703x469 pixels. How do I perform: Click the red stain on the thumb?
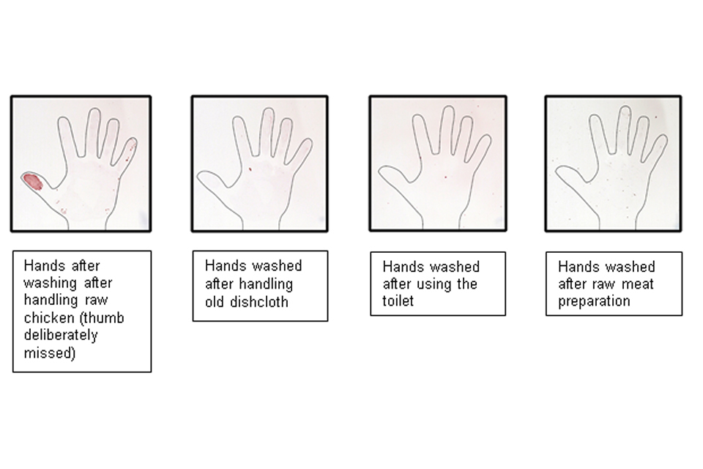click(x=33, y=182)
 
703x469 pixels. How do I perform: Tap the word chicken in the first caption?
click(x=49, y=318)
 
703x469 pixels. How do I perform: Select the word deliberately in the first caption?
click(x=61, y=335)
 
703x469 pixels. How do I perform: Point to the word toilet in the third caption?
click(x=398, y=301)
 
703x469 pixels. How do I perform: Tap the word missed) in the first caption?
click(x=50, y=353)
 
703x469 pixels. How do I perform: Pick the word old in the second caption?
click(x=215, y=302)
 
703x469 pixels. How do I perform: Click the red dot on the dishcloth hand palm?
click(x=250, y=169)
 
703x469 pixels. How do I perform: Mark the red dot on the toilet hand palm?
click(x=445, y=177)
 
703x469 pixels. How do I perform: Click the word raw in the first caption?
click(x=97, y=300)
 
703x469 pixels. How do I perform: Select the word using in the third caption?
click(x=430, y=284)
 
